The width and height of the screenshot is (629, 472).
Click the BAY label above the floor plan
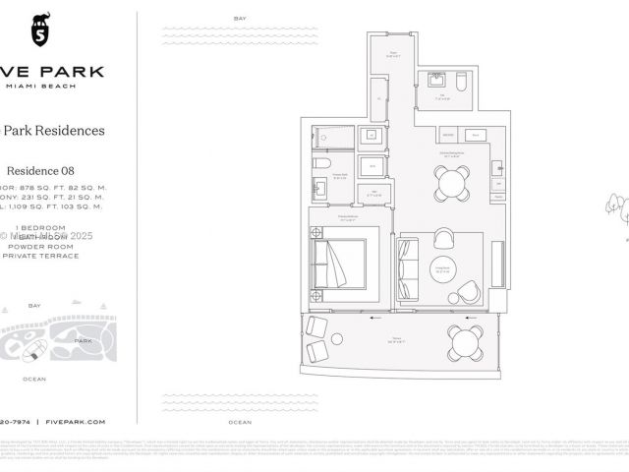click(x=241, y=20)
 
